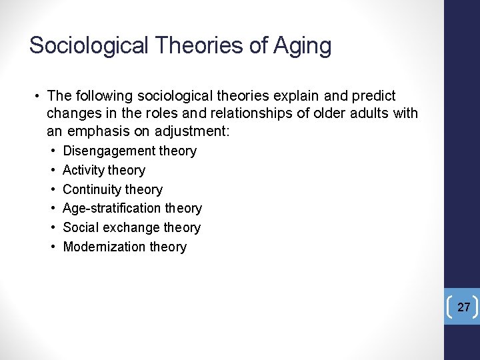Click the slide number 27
[464, 307]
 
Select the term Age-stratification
[114, 208]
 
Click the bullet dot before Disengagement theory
[51, 151]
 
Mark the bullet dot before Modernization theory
[51, 247]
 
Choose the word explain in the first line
[291, 96]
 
